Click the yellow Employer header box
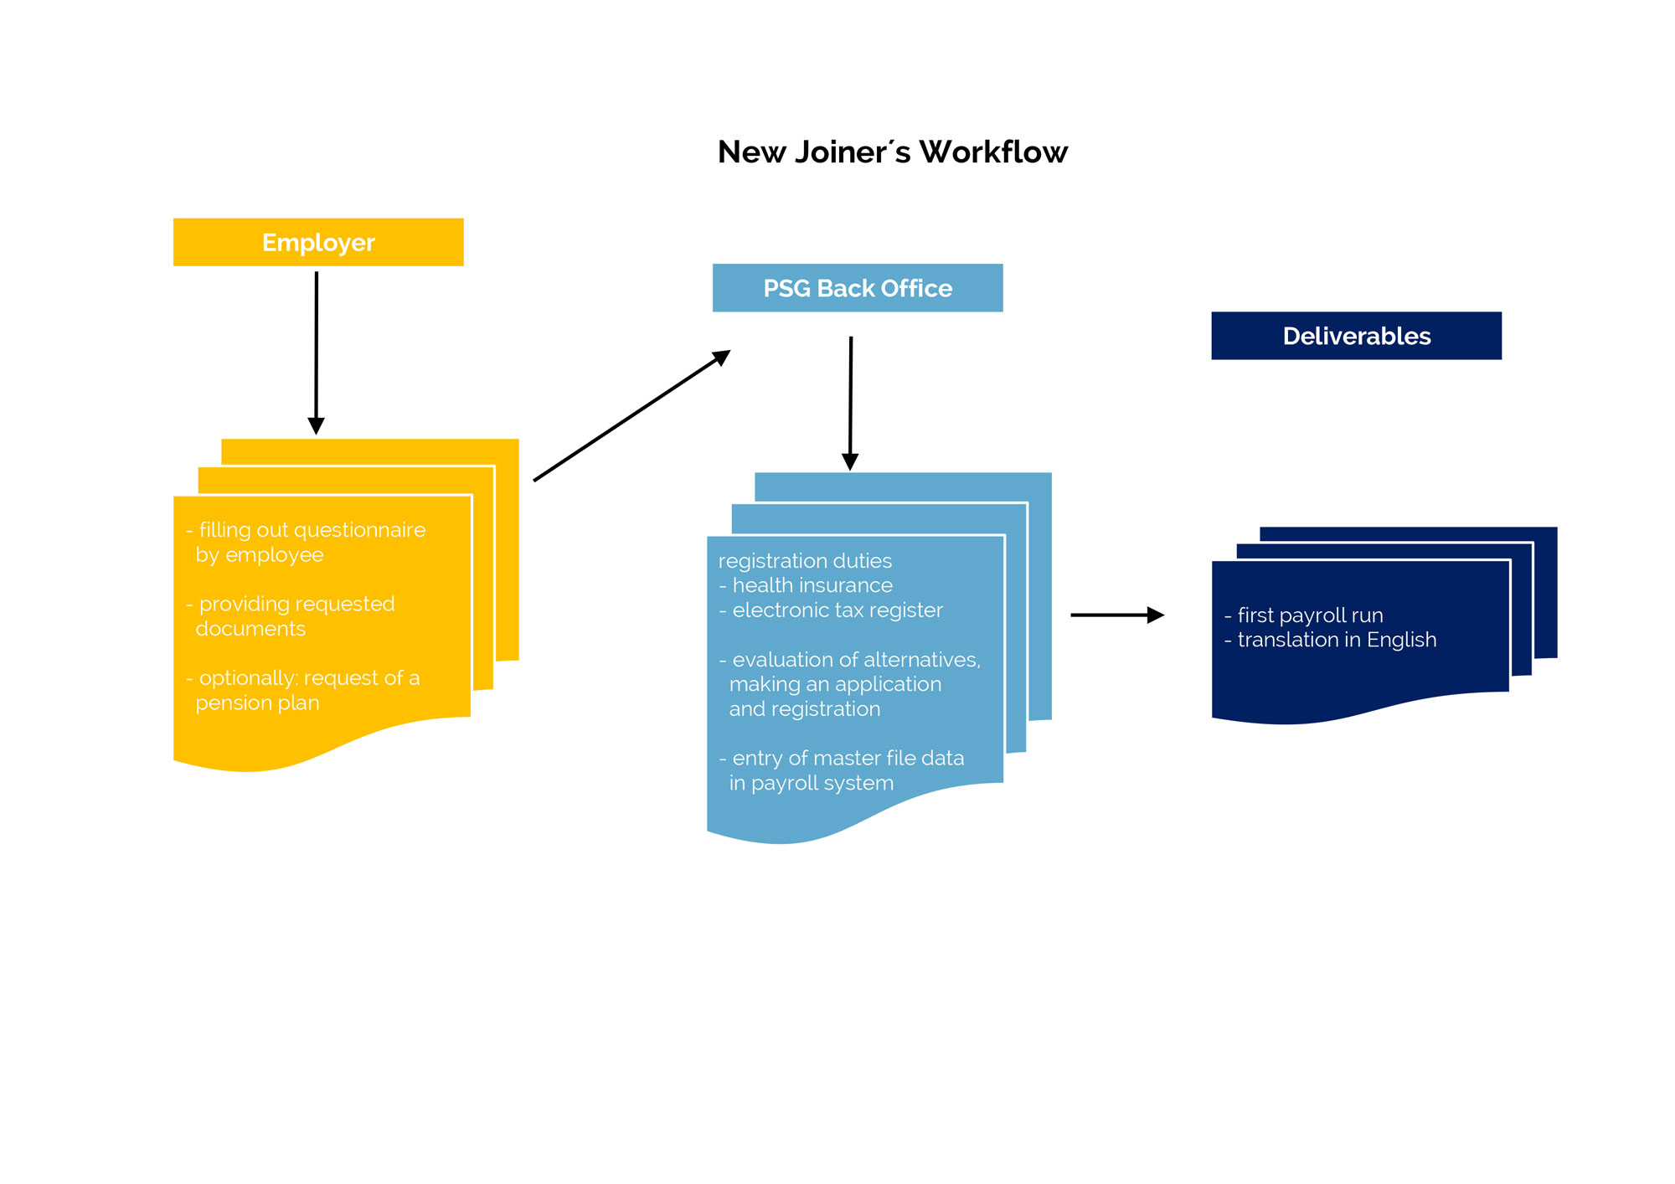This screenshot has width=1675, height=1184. coord(318,242)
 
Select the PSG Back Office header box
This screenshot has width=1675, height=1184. coord(857,288)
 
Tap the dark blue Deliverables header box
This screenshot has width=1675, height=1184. coord(1356,336)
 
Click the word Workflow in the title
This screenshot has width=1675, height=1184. coord(992,152)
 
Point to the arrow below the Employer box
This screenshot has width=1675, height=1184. coord(316,352)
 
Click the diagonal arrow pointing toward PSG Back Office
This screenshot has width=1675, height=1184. coord(631,416)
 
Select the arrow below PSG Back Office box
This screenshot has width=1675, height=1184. coord(850,402)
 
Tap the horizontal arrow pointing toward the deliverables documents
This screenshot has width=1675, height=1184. coord(1116,615)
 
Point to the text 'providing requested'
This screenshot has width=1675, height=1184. coord(296,604)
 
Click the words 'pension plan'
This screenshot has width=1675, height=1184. coord(257,703)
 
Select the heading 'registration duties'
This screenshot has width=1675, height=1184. coord(805,561)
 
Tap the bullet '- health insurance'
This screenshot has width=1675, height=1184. coord(806,585)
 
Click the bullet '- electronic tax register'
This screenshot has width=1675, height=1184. coord(831,610)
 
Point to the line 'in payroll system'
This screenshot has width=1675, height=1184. coord(811,783)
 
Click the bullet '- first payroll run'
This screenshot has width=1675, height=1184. coord(1303,615)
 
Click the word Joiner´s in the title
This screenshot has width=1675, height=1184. coord(852,152)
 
